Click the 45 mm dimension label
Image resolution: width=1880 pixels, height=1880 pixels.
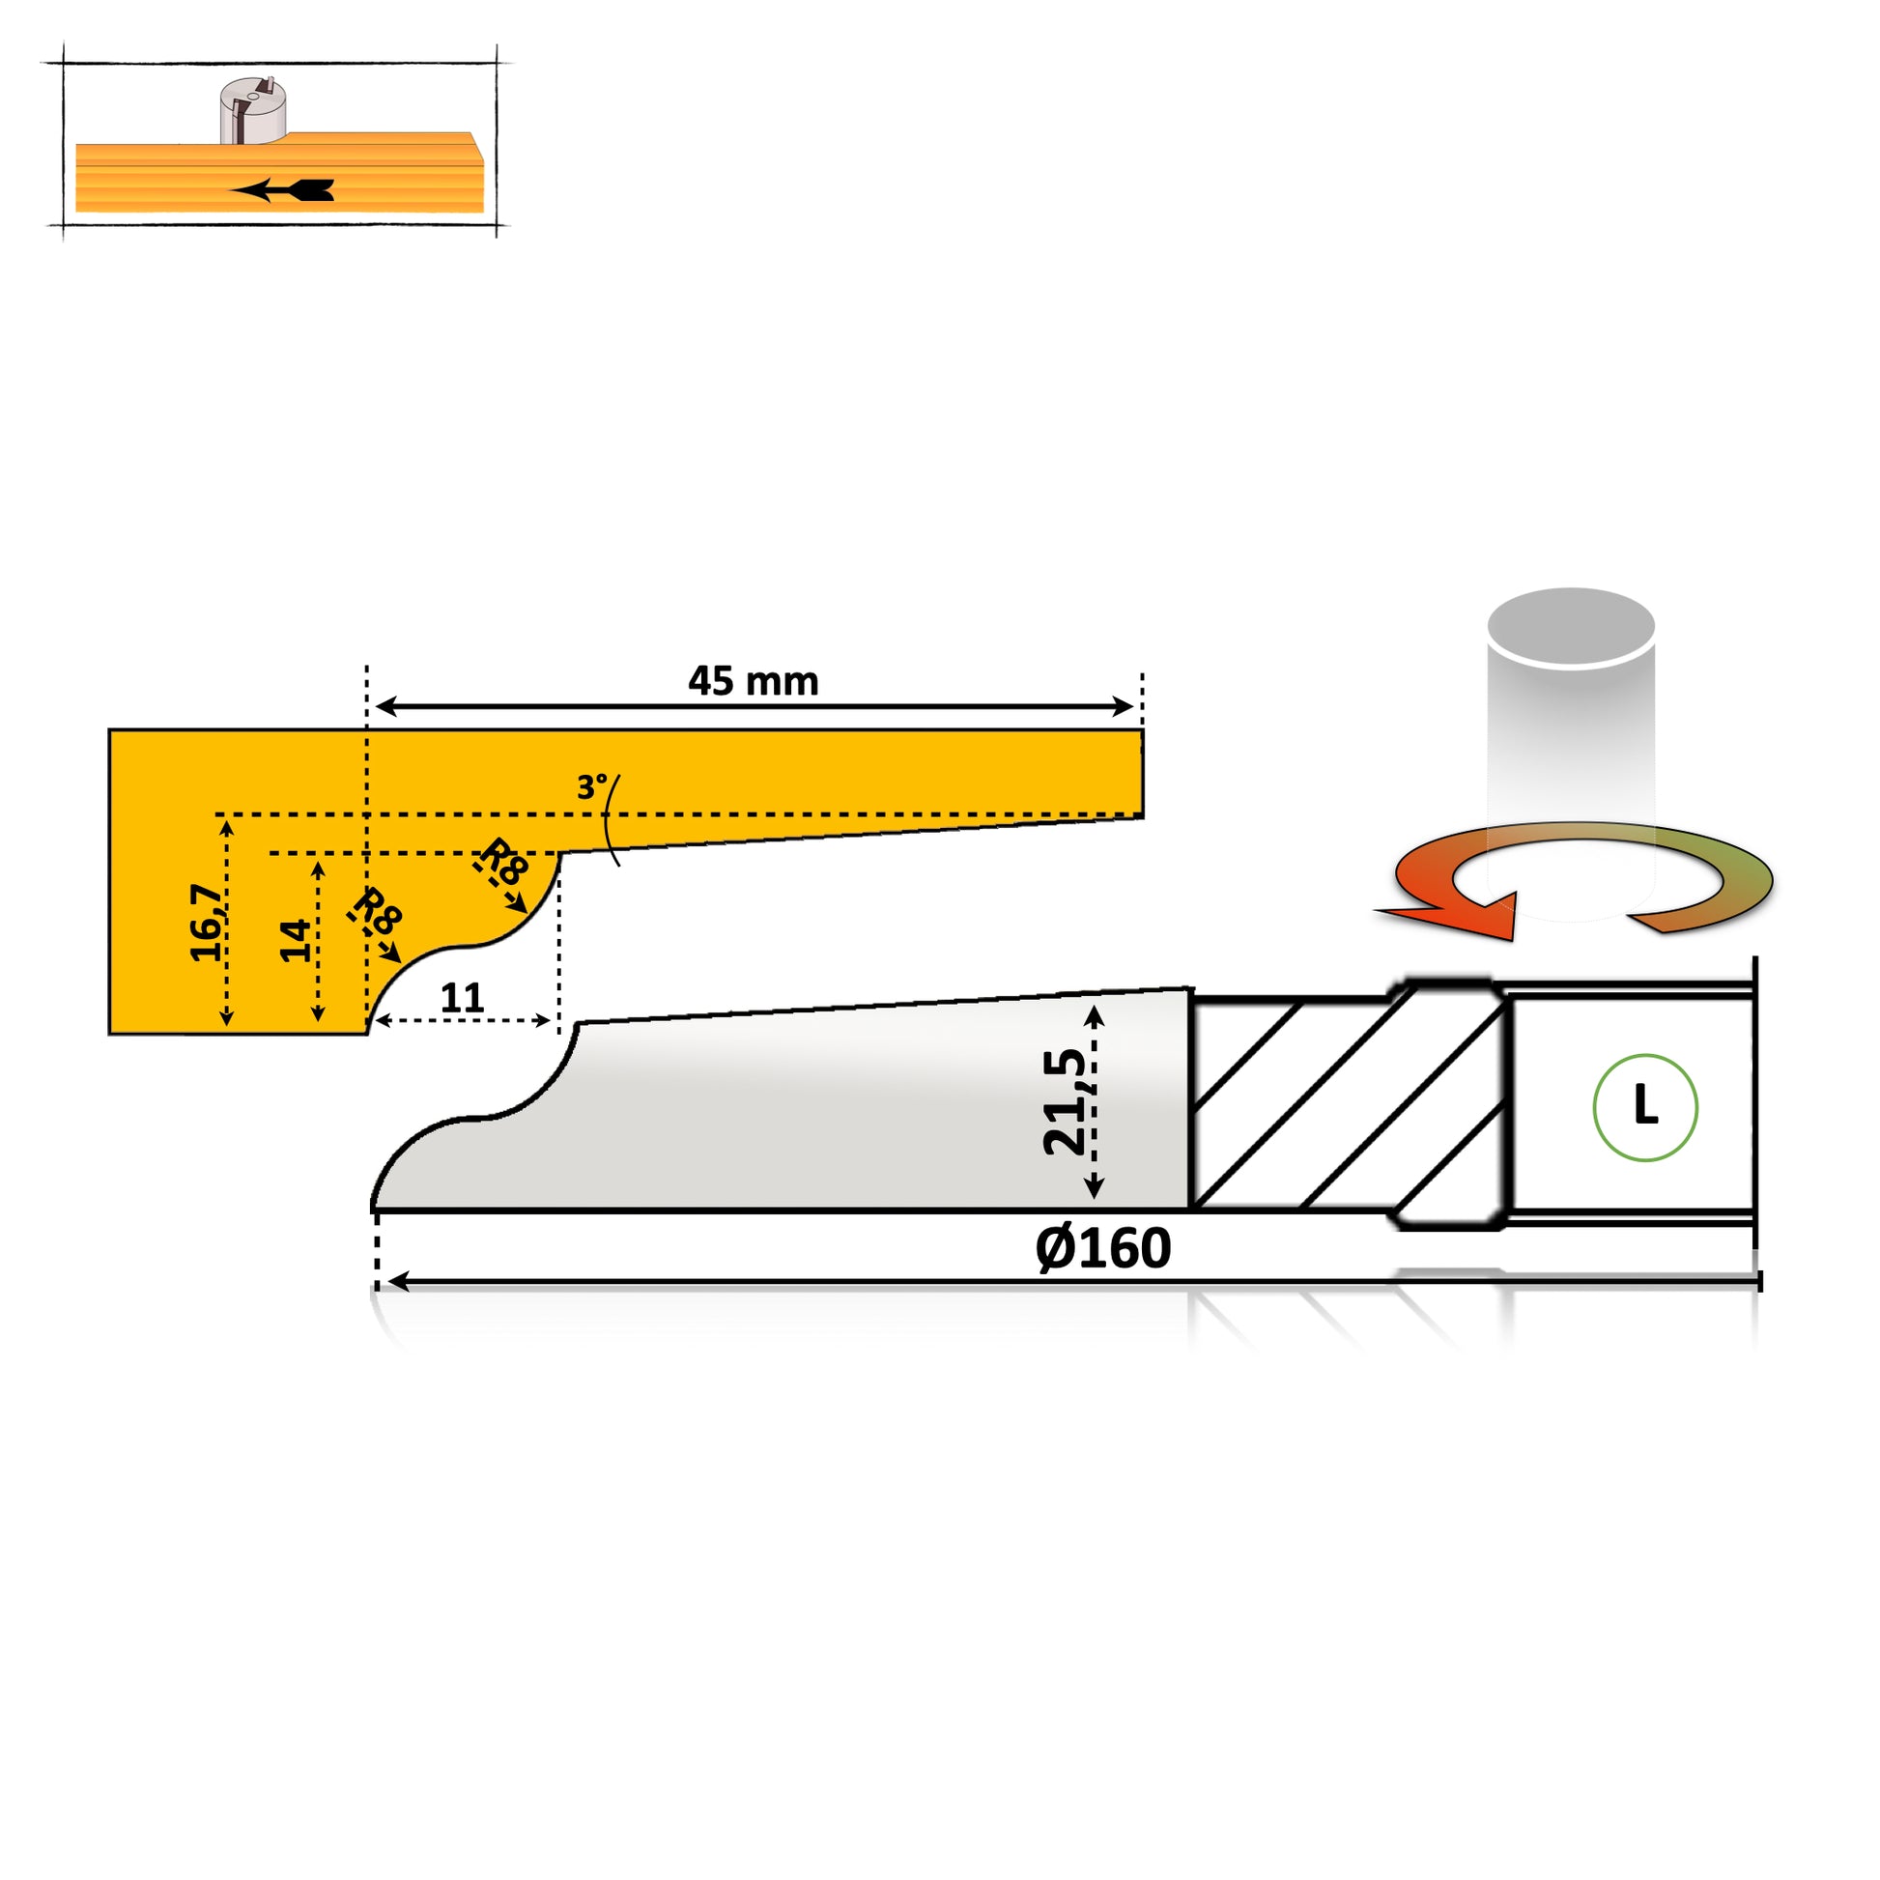pyautogui.click(x=754, y=681)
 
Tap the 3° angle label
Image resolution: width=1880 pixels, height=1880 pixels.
pyautogui.click(x=591, y=786)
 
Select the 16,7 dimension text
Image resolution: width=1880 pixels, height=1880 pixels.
pyautogui.click(x=207, y=923)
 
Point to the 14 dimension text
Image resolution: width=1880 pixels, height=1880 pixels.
pyautogui.click(x=296, y=940)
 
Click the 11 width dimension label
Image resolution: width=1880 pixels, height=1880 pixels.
pyautogui.click(x=462, y=998)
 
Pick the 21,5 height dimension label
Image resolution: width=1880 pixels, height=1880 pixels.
pyautogui.click(x=1065, y=1101)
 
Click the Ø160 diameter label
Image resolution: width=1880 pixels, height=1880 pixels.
pyautogui.click(x=1102, y=1248)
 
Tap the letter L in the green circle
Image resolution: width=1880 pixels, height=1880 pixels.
pyautogui.click(x=1644, y=1106)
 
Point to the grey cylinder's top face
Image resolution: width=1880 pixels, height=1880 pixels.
pyautogui.click(x=1572, y=627)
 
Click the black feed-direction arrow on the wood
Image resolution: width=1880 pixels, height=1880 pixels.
pyautogui.click(x=282, y=190)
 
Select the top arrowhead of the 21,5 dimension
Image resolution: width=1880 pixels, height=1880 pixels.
pyautogui.click(x=1094, y=1015)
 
